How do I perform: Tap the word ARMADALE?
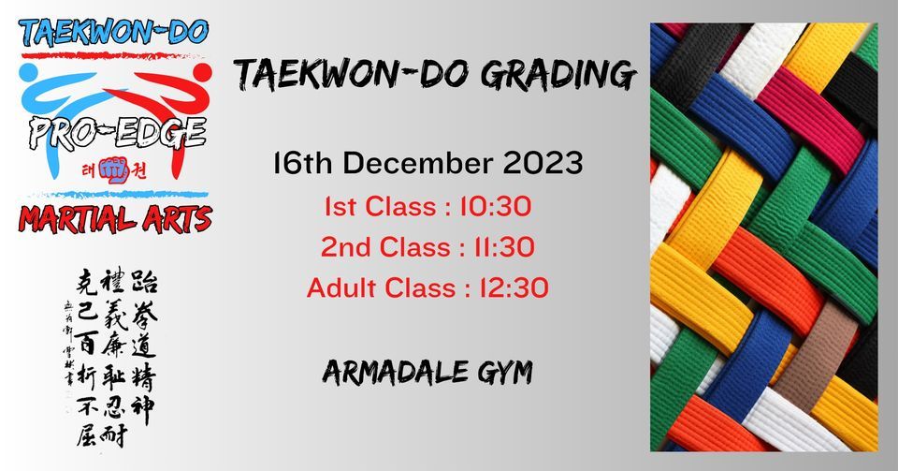(x=386, y=374)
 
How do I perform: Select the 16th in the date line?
(x=301, y=165)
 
